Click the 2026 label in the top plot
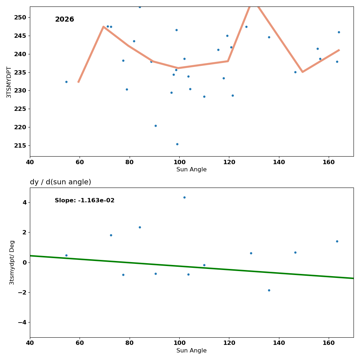click(64, 19)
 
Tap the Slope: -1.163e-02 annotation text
click(85, 201)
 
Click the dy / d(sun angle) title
click(60, 182)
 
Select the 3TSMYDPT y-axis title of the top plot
click(9, 82)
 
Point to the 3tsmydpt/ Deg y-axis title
click(12, 262)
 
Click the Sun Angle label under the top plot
click(192, 170)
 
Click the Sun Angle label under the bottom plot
click(192, 351)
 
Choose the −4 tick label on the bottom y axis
click(22, 322)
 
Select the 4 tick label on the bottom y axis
click(24, 202)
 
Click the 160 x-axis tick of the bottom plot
click(329, 343)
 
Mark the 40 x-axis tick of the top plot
click(30, 162)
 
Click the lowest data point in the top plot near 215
click(177, 144)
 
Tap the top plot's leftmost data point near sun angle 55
click(66, 82)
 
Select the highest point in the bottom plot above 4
click(184, 197)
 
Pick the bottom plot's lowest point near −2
click(269, 290)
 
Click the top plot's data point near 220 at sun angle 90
click(156, 126)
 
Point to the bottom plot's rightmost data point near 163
click(337, 241)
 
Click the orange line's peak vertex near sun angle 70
click(104, 27)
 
